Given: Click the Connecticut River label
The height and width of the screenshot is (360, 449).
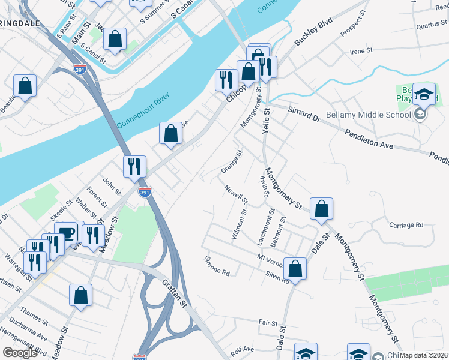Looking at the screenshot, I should coord(144,109).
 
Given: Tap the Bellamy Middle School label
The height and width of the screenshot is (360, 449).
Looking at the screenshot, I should coord(367,115).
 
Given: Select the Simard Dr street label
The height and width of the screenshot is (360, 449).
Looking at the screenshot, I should coord(304,114).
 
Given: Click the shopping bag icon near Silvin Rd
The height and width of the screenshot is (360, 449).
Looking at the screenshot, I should coord(295,268).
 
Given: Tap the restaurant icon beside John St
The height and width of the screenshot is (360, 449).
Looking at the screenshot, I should coord(134,166).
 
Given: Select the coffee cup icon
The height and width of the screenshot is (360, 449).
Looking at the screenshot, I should coord(65,233).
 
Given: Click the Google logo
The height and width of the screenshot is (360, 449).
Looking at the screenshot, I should coord(20,353).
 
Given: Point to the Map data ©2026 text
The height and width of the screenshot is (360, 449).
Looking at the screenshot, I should coord(424,355).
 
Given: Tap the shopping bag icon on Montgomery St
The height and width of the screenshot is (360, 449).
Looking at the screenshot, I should coord(322,209).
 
